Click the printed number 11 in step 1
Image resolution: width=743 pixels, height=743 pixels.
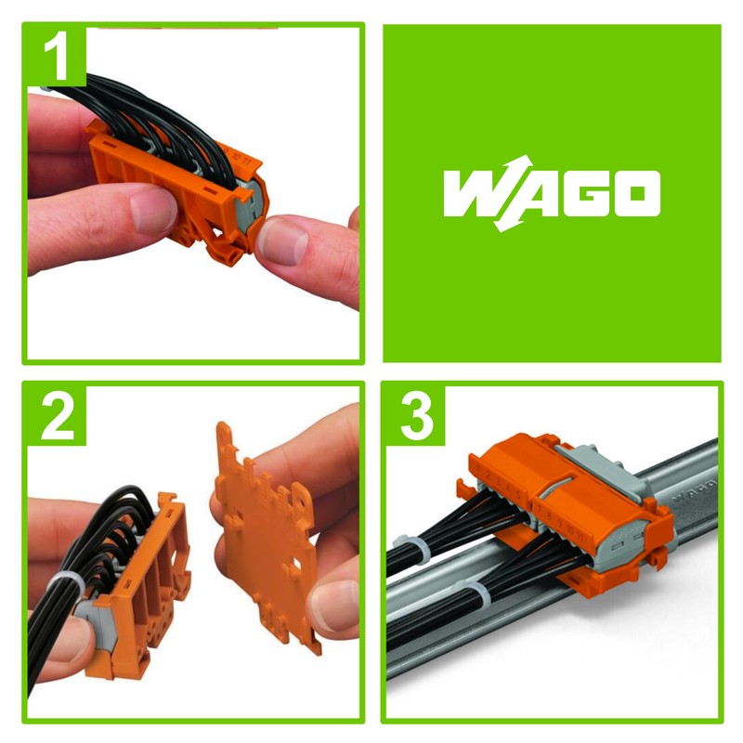(245, 159)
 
